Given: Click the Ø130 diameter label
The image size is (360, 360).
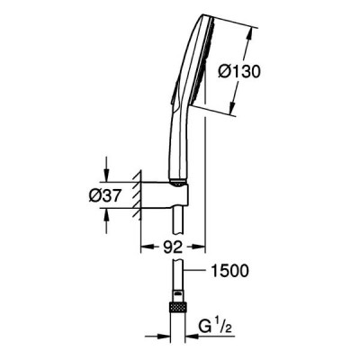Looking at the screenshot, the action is click(239, 72).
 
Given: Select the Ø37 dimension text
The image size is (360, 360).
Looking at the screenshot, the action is click(104, 196).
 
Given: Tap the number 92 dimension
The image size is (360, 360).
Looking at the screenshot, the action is click(173, 247).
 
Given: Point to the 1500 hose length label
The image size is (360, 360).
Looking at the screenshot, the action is click(230, 271).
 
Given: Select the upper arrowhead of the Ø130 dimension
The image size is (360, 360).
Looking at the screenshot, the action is click(249, 35).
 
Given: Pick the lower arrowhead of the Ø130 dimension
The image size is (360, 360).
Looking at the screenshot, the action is click(233, 108).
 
